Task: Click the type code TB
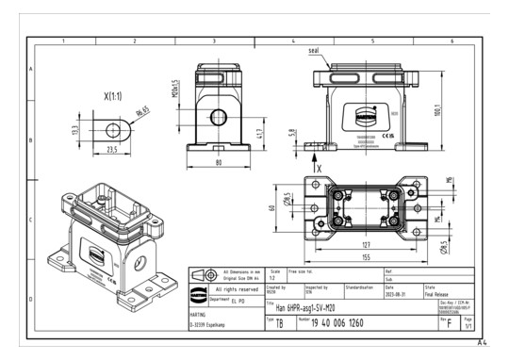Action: pos(278,322)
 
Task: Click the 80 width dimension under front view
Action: pos(218,161)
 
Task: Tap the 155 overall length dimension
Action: pos(364,257)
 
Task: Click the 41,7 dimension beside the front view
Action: pos(260,134)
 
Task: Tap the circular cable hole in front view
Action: pos(218,117)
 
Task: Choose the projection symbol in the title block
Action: pos(200,275)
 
